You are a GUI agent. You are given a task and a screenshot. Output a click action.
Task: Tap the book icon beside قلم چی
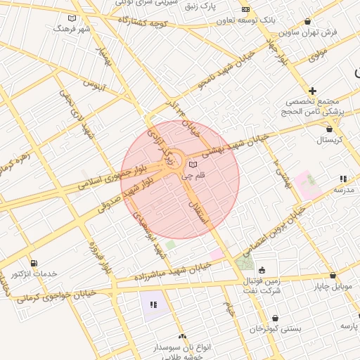pos(193,165)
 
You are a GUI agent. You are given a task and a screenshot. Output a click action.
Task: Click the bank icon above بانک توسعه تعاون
pos(245,9)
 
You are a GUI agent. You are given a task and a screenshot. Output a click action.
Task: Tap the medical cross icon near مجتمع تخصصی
pos(312,91)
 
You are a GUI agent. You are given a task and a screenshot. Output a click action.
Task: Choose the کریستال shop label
pos(328,141)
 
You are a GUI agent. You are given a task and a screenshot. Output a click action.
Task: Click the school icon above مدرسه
pos(342,179)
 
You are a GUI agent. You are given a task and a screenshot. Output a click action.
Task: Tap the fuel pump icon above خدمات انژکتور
pos(34,263)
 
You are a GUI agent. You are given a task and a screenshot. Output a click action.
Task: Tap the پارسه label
pos(349,326)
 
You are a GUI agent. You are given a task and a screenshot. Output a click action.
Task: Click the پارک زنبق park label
pos(218,6)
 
